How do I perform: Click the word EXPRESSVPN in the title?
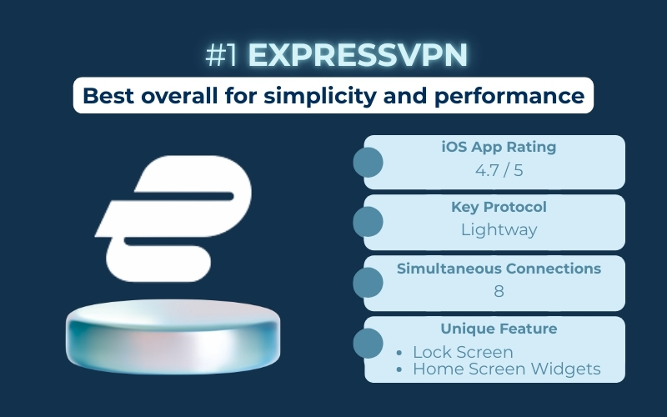tap(359, 56)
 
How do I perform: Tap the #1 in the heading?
tap(222, 56)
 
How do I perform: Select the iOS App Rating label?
tap(499, 148)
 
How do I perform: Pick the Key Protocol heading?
tap(499, 208)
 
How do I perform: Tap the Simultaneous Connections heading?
tap(499, 269)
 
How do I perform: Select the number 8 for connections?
tap(499, 291)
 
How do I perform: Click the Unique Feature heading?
tap(499, 329)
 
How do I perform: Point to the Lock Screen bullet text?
tap(463, 352)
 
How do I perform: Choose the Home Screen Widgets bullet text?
tap(506, 369)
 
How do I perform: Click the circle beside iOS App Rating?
tap(369, 162)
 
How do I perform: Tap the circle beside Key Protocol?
tap(369, 222)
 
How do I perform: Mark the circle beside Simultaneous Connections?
tap(369, 283)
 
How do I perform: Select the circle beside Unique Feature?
tap(369, 344)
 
